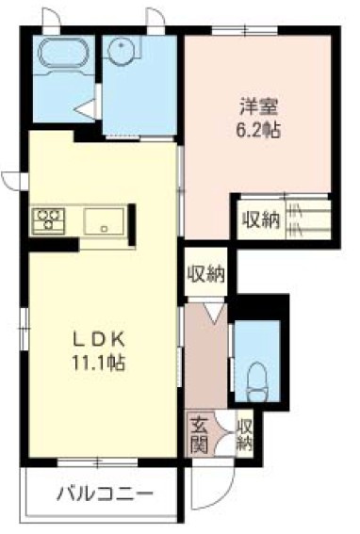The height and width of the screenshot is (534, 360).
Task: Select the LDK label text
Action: coord(96,340)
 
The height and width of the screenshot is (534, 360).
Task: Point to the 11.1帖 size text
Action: coord(96,362)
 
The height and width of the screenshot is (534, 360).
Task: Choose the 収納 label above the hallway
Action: coord(206,275)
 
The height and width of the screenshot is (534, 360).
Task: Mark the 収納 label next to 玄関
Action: coord(245,433)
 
